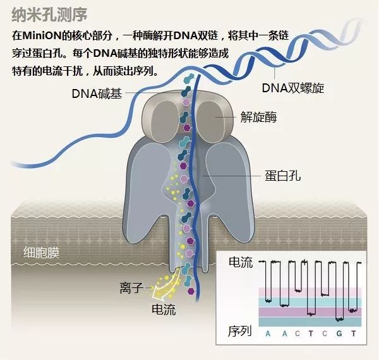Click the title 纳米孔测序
[49, 15]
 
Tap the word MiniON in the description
[41, 36]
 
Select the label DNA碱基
[97, 93]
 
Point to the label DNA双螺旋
[293, 88]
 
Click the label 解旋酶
[258, 117]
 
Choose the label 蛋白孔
[282, 176]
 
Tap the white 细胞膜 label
[41, 253]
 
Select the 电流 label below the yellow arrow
[164, 309]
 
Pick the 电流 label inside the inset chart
[241, 262]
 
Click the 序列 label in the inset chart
[240, 331]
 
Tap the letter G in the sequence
[339, 333]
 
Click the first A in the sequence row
[268, 333]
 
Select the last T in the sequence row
[353, 333]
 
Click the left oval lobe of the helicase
[165, 119]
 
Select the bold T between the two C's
[311, 333]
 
